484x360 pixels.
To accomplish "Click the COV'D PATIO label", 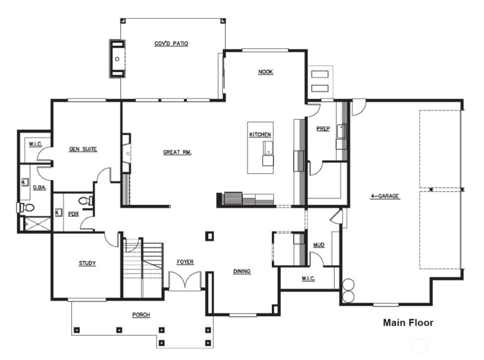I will (171, 44).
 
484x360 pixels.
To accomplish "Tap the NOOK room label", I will (265, 72).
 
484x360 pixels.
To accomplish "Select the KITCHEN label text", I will (260, 135).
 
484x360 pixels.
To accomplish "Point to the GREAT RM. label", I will (177, 153).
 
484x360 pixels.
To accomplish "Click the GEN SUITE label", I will (83, 149).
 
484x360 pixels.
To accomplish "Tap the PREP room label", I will (323, 129).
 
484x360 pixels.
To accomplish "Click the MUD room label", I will (318, 245).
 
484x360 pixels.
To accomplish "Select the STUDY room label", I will (87, 263).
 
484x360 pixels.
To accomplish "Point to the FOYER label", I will (185, 262).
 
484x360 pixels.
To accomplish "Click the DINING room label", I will (242, 271).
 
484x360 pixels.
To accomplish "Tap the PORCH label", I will (141, 315).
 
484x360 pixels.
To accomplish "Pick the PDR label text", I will (73, 214).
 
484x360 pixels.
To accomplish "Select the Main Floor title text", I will (408, 323).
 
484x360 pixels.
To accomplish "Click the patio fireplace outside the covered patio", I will (117, 58).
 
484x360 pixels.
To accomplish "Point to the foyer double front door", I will (184, 281).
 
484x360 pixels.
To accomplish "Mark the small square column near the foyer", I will (209, 235).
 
